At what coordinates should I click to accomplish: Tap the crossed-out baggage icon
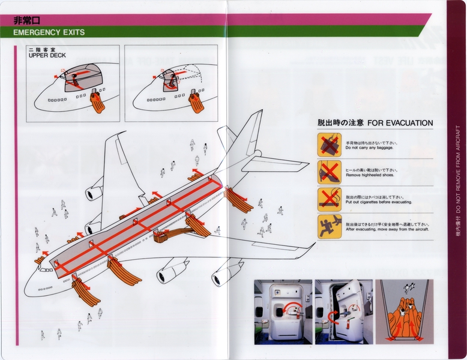(x=329, y=145)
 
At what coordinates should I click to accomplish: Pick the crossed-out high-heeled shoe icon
(x=329, y=172)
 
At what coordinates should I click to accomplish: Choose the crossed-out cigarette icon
(x=329, y=200)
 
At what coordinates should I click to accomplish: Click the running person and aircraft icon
(x=329, y=227)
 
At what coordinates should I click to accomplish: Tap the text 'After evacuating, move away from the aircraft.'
(x=388, y=230)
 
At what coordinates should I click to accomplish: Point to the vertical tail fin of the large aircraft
(x=247, y=133)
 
